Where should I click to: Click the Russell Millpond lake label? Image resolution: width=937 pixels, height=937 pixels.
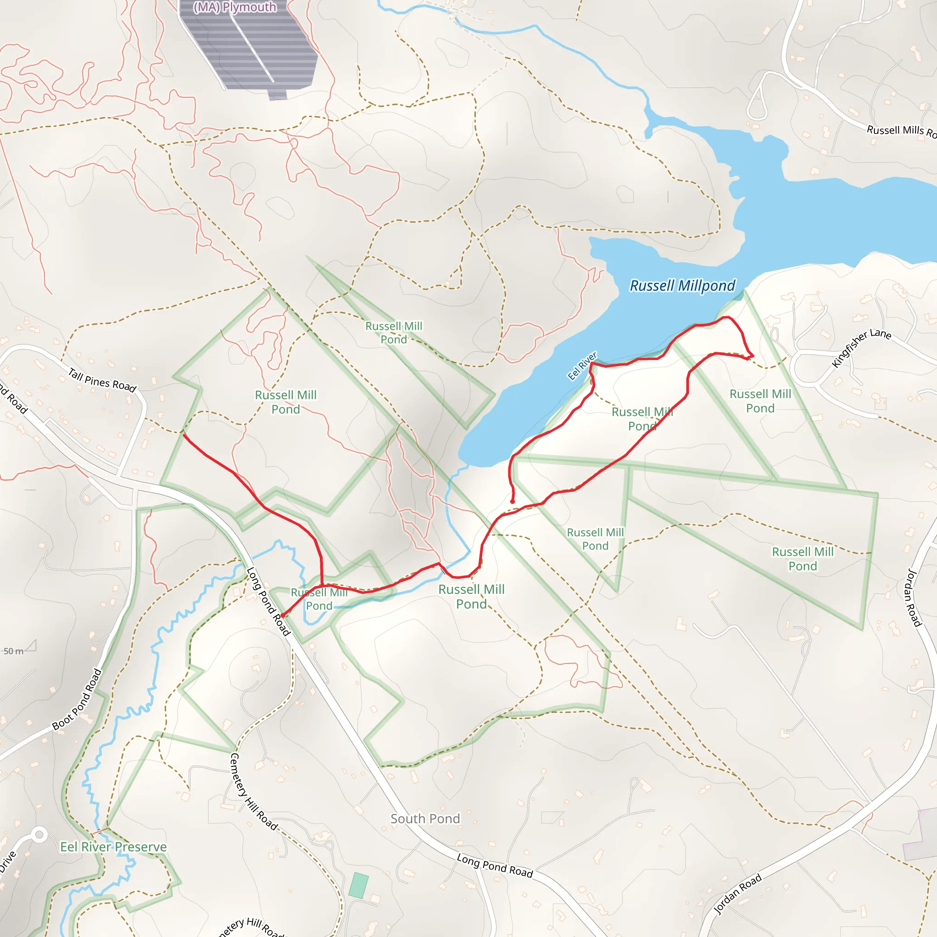coord(682,285)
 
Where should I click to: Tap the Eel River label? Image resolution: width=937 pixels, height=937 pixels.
coord(582,366)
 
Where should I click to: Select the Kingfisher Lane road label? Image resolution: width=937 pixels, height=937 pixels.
coord(861,348)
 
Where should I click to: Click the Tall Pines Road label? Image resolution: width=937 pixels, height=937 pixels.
coord(102,380)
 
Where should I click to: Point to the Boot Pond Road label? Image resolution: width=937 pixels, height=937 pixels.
coord(77,699)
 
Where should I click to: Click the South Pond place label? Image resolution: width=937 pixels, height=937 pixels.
coord(425,819)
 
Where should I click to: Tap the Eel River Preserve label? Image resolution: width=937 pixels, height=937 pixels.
coord(113,847)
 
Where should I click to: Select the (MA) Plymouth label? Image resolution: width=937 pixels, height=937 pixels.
coord(235,7)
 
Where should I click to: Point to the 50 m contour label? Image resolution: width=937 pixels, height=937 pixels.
coord(13,652)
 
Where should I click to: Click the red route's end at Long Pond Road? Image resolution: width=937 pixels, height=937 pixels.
coord(282,616)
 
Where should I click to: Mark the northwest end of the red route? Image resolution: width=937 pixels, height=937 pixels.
coord(184,435)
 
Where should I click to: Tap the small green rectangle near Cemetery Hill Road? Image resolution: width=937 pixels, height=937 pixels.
coord(358,885)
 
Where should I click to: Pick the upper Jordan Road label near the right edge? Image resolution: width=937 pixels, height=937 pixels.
coord(914,598)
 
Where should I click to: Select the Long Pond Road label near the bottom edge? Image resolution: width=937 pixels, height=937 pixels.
coord(495,866)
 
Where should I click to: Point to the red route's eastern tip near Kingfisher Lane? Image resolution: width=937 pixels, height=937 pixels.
coord(752,356)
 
